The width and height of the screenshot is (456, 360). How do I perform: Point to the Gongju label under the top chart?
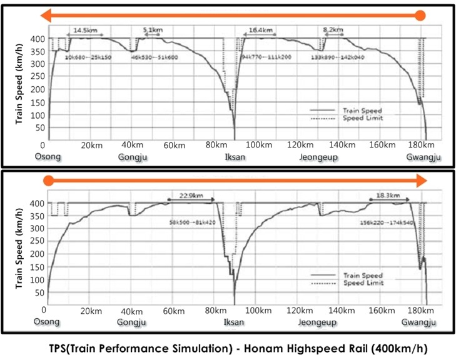click(132, 157)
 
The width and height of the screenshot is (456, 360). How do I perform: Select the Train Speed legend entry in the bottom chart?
click(362, 276)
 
